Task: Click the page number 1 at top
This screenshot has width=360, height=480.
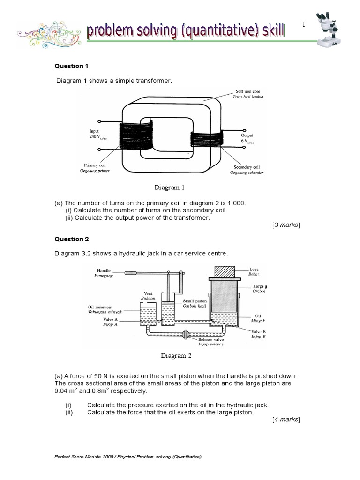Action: tap(304, 25)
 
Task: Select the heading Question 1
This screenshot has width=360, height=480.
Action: tap(72, 66)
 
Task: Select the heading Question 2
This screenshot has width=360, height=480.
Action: tap(72, 239)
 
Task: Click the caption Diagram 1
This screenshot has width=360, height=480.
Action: tap(170, 187)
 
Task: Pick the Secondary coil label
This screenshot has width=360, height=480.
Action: tap(246, 170)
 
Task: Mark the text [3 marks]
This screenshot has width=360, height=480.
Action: tap(286, 225)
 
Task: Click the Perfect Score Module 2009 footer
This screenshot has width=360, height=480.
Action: tap(128, 457)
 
